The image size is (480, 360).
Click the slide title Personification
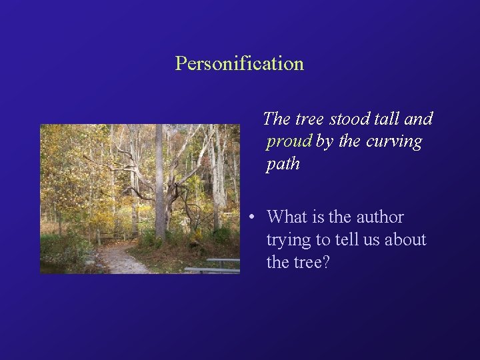[239, 64]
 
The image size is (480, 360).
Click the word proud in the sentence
[289, 142]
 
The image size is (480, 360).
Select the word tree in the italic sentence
[309, 119]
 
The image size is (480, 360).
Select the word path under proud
[283, 164]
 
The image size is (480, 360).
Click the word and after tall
[419, 119]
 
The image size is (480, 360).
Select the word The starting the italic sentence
[277, 119]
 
